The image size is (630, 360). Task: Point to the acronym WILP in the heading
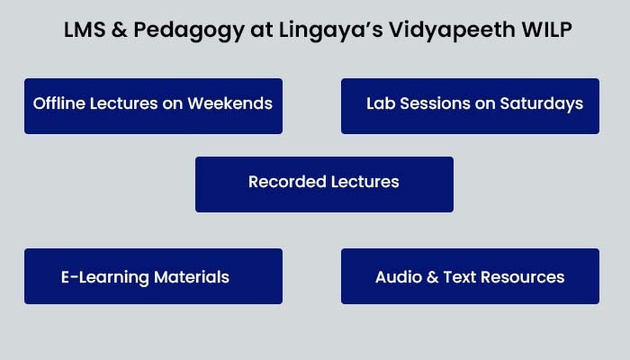[x=547, y=30]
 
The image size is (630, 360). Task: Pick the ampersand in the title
[x=120, y=30]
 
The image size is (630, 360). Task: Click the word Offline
[x=58, y=103]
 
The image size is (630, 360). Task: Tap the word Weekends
[x=229, y=103]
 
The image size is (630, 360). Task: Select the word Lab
[x=381, y=103]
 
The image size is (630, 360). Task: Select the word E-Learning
[x=105, y=278]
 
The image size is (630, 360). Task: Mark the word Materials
[x=192, y=277]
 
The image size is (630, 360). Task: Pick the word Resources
[x=522, y=277]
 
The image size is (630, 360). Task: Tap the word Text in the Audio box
[x=459, y=277]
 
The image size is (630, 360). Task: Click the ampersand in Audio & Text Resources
[x=432, y=277]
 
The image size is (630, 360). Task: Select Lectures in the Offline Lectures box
[x=124, y=103]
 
